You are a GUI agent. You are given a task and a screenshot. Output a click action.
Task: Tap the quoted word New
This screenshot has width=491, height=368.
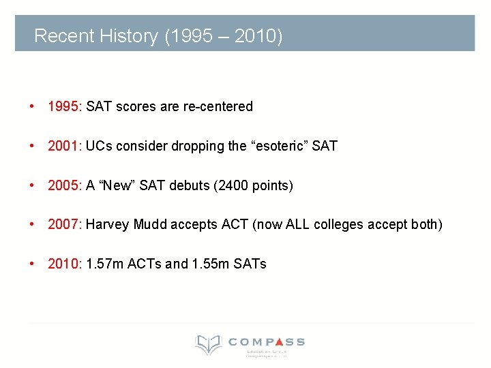click(x=117, y=185)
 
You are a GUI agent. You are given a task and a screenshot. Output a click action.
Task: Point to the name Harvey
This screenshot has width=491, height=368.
click(x=106, y=224)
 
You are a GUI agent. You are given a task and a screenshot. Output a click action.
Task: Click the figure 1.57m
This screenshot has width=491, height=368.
click(x=104, y=264)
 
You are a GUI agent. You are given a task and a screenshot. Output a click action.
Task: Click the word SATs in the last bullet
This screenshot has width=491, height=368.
click(x=250, y=264)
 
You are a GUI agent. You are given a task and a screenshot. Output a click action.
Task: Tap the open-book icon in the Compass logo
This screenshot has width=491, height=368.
click(x=208, y=344)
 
